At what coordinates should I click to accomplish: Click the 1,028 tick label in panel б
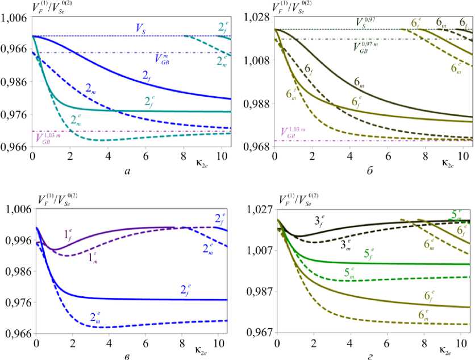pos(255,18)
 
